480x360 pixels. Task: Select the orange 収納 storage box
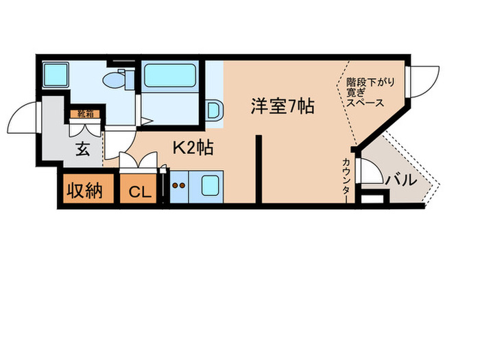click(84, 190)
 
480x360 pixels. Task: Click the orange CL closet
click(139, 191)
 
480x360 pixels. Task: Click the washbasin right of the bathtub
click(213, 110)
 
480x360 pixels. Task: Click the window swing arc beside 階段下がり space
click(426, 83)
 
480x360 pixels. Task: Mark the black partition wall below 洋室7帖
click(259, 169)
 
